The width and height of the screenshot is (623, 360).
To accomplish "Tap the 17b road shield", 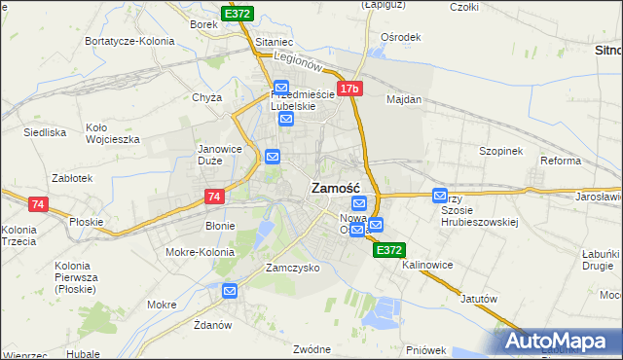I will tap(350, 90).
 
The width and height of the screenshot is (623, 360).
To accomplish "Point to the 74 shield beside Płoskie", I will tap(38, 204).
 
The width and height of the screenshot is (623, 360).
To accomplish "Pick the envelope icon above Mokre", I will tap(230, 290).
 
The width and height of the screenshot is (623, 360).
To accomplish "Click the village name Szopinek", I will tap(501, 151).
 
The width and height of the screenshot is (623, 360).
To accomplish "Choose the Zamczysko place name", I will tap(293, 268).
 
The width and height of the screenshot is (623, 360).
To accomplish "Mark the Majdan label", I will tap(404, 99).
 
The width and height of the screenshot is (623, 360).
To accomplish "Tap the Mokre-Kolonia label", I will tap(201, 251).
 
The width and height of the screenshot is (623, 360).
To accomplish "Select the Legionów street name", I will tap(298, 60).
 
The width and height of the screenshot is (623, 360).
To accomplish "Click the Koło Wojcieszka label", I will tap(113, 132).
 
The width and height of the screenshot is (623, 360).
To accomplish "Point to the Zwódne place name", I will tap(313, 347).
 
